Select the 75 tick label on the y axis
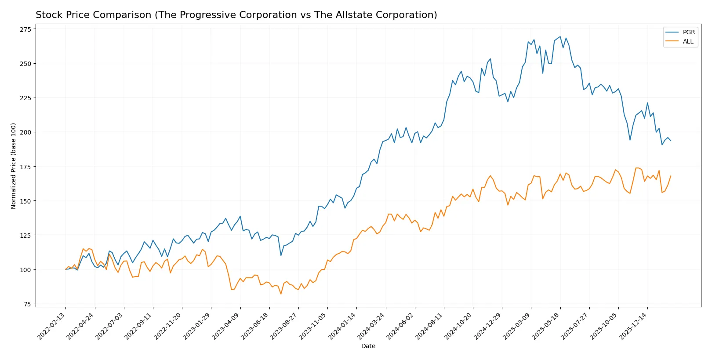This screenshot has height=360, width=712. tap(27, 304)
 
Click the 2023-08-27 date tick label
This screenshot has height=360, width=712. tap(285, 326)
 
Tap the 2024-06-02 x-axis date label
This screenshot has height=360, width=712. tap(401, 326)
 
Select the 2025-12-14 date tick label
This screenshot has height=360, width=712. tap(634, 326)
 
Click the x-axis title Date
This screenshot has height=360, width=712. tap(368, 346)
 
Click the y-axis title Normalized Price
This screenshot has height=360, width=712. tap(14, 166)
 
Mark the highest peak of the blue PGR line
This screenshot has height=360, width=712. tap(560, 36)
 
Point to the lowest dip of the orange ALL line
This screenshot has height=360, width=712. tap(281, 294)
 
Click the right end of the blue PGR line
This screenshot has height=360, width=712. tap(671, 141)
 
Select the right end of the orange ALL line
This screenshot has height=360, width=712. tap(671, 176)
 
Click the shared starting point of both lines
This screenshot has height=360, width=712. tap(66, 269)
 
